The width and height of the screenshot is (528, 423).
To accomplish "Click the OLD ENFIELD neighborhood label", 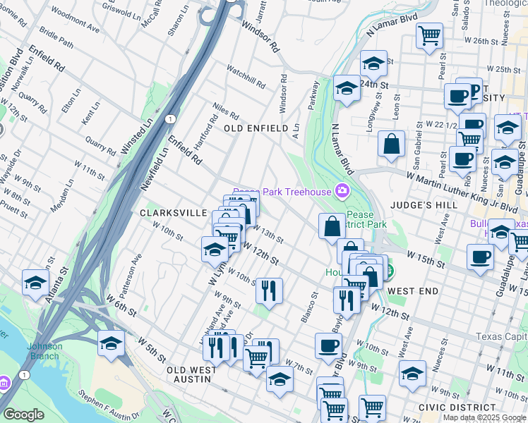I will (256, 128).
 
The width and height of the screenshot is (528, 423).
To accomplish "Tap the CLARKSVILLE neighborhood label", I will (173, 212).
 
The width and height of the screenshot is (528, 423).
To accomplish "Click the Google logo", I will (24, 415).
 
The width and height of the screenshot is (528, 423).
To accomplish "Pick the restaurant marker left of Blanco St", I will (268, 290).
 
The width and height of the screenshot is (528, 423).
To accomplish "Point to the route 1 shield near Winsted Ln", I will (170, 119).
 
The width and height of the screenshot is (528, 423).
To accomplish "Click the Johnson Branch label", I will (45, 350).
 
